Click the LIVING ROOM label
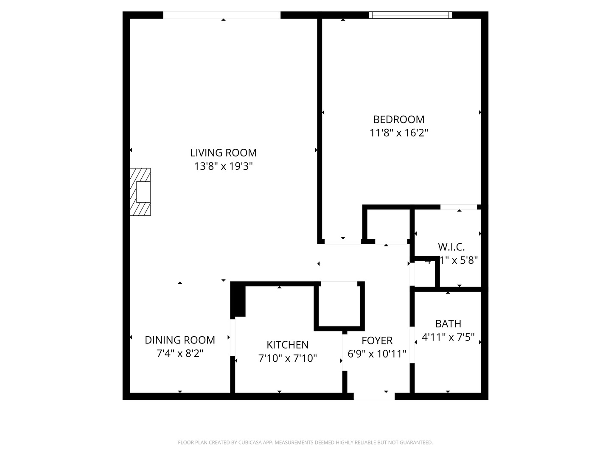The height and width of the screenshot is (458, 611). click(x=223, y=153)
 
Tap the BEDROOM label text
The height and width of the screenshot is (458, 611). click(x=398, y=120)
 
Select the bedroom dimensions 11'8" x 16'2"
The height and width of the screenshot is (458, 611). click(x=398, y=133)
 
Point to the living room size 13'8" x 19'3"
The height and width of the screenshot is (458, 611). click(x=223, y=166)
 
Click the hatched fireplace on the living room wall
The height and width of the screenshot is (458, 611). click(x=140, y=192)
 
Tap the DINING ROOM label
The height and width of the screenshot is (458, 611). click(x=180, y=340)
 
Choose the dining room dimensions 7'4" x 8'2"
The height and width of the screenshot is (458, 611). click(x=180, y=353)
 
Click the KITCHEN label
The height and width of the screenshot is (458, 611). click(x=287, y=345)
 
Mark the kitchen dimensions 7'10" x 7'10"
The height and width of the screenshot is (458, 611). click(x=287, y=358)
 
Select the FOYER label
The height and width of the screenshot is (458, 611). click(x=377, y=341)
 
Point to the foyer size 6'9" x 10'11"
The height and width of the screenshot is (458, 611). click(x=377, y=354)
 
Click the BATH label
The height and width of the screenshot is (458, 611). click(x=448, y=324)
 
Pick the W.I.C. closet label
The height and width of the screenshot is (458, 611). click(x=451, y=247)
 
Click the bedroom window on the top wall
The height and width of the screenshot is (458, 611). click(x=410, y=15)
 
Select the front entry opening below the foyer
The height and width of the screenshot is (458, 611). click(x=374, y=397)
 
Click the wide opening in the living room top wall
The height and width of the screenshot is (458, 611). click(x=221, y=15)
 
